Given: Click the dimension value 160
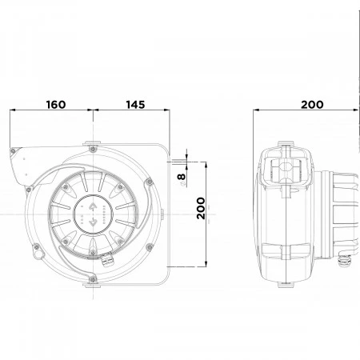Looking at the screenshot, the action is click(56, 105).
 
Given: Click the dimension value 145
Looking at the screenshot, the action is click(135, 105).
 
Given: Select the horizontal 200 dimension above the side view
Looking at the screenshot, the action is click(312, 105).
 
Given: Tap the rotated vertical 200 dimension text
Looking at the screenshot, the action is click(201, 208).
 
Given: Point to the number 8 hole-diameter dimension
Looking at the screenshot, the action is click(182, 177).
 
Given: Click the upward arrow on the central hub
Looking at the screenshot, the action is click(93, 206).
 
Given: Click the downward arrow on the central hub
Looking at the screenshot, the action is click(93, 221).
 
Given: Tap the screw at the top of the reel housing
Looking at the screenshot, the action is click(93, 149).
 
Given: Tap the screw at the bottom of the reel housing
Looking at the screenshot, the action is click(93, 279).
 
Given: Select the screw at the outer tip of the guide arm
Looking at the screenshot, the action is click(13, 151).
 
